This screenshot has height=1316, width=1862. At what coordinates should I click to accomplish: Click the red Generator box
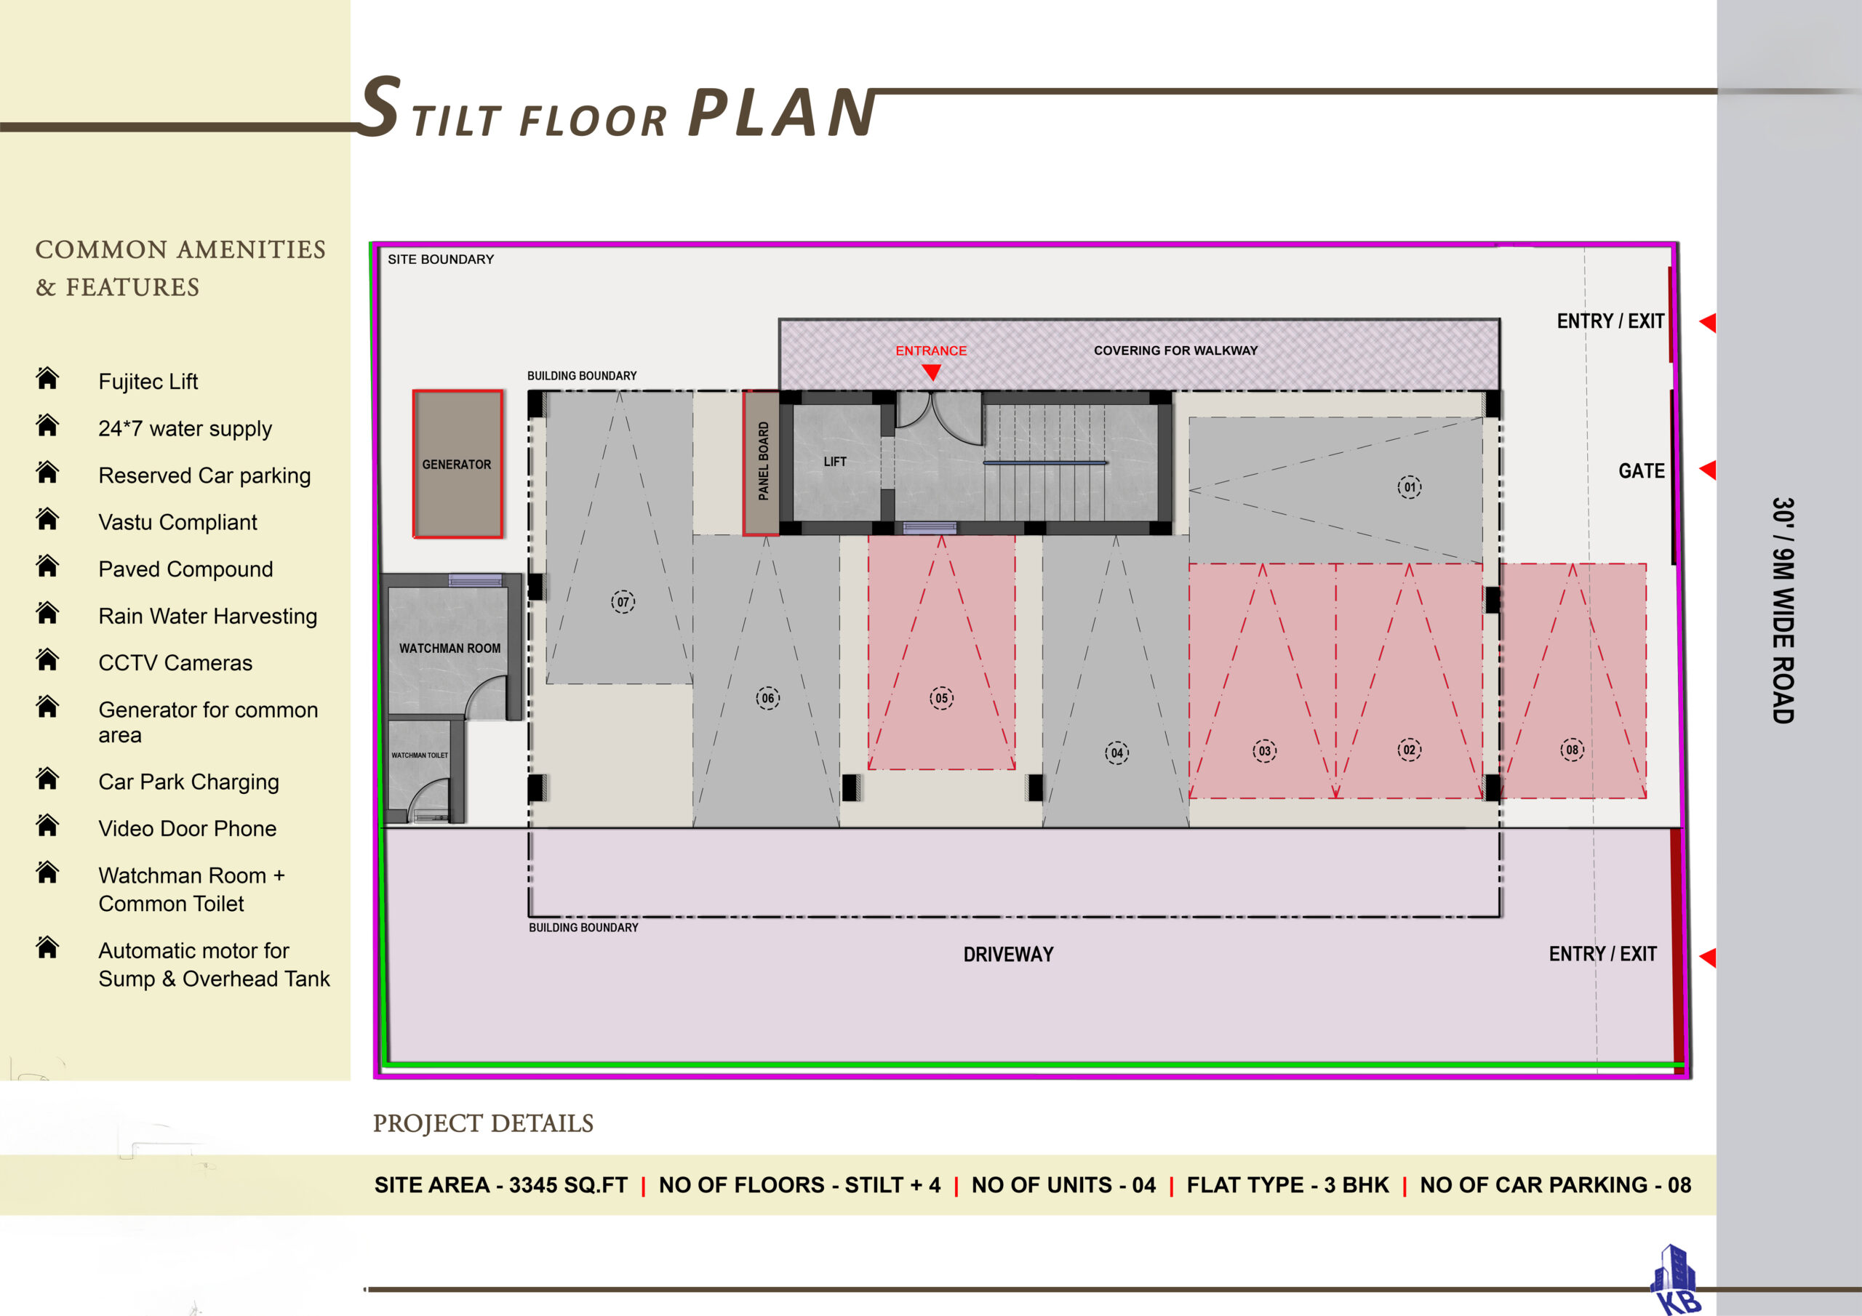click(457, 464)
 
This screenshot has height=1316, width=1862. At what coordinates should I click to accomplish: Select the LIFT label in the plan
click(834, 462)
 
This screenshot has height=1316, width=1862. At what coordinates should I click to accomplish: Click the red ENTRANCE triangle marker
click(932, 372)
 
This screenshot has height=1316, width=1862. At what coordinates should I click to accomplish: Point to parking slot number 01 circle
click(1410, 487)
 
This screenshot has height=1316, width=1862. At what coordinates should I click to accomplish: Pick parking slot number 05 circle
click(941, 698)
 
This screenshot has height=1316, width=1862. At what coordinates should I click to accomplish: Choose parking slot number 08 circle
click(1573, 750)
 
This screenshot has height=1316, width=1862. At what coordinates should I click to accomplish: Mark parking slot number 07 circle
click(623, 601)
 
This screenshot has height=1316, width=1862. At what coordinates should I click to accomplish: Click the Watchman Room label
click(449, 649)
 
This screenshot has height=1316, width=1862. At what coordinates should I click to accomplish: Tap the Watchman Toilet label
click(419, 755)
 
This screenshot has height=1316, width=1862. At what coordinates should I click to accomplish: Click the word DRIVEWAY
click(1008, 955)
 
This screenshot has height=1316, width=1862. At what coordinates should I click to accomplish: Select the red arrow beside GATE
click(1707, 470)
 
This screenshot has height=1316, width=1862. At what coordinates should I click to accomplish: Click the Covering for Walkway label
click(1175, 350)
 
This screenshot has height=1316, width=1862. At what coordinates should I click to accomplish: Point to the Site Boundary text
click(440, 260)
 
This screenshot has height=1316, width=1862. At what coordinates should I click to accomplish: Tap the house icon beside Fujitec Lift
click(48, 378)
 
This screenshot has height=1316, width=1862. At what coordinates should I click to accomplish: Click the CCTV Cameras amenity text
click(175, 663)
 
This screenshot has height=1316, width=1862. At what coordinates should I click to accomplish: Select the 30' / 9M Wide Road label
click(1783, 610)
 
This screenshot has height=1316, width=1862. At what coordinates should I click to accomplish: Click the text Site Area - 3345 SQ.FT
click(500, 1184)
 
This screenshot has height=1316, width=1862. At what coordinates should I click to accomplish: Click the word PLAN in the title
click(782, 112)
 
